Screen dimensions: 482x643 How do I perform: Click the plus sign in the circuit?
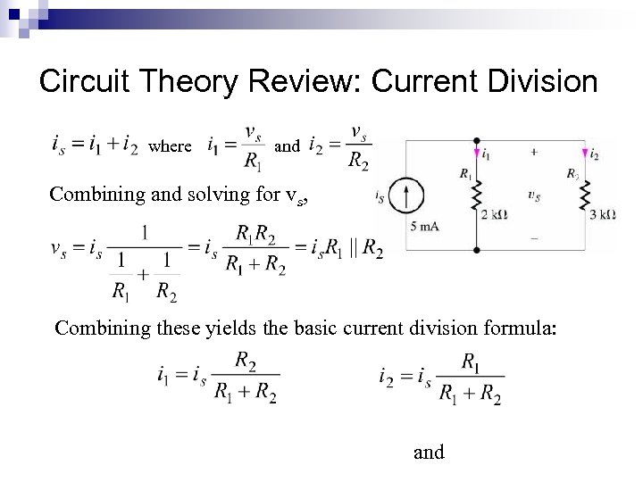click(x=534, y=153)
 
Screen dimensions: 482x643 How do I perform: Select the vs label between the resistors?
click(x=534, y=194)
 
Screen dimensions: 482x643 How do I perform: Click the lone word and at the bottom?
click(x=429, y=453)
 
